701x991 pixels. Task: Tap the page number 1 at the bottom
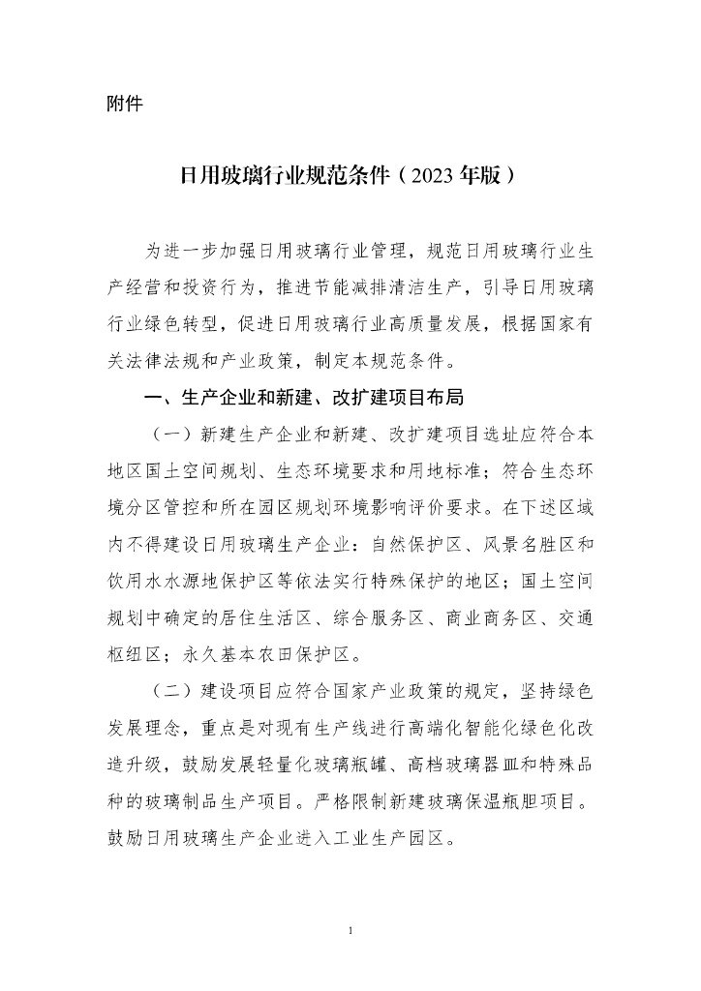click(x=350, y=931)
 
